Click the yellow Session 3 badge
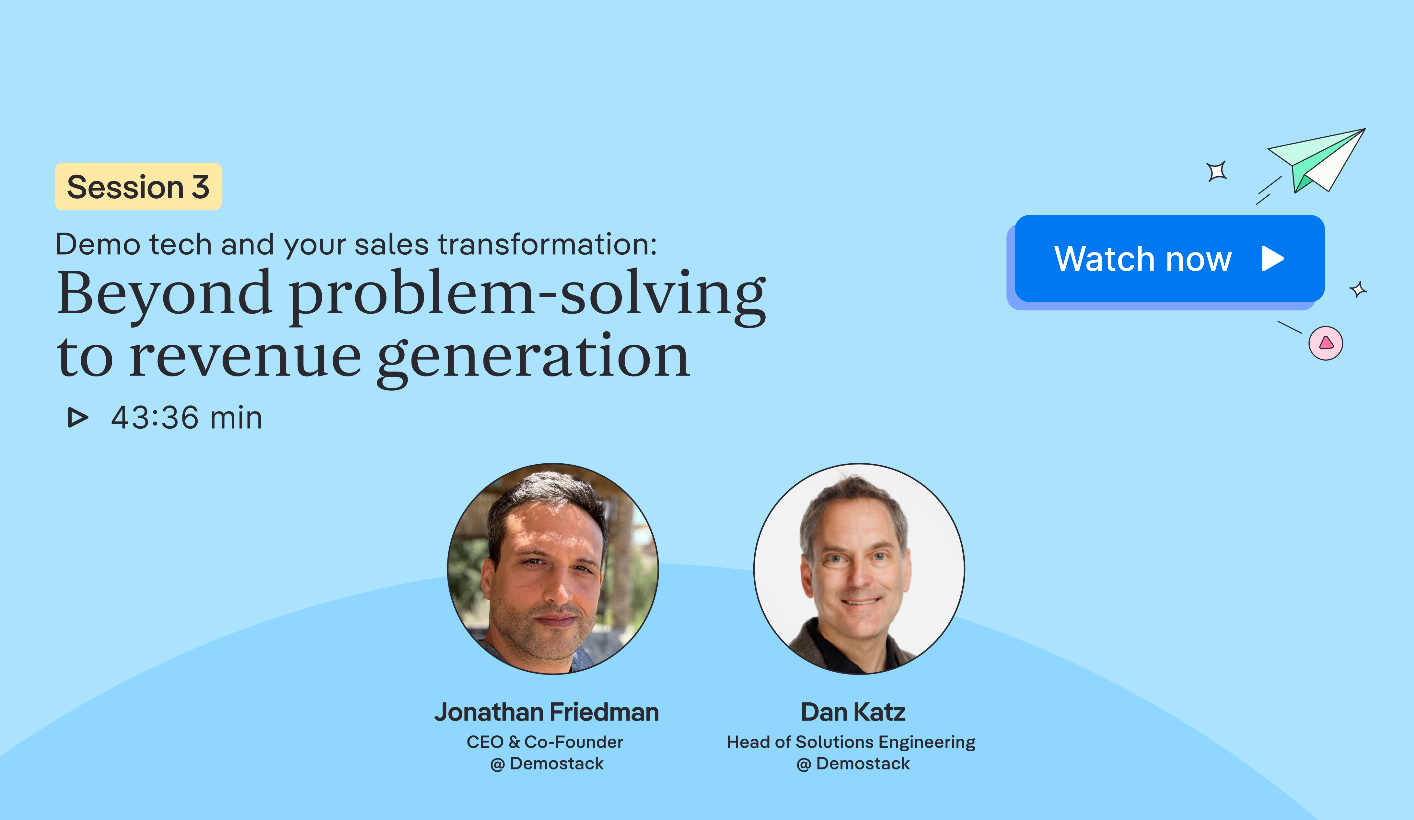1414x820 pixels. click(x=138, y=187)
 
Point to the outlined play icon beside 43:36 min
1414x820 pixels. click(x=77, y=417)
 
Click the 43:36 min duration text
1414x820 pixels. click(x=186, y=418)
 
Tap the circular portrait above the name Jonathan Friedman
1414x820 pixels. click(x=553, y=568)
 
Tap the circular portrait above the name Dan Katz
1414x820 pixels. click(x=859, y=568)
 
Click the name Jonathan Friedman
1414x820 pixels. click(x=547, y=712)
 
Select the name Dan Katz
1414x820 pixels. click(x=853, y=712)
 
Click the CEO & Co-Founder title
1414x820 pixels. click(x=545, y=742)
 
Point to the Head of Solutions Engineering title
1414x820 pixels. click(x=851, y=742)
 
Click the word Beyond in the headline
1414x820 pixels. click(x=164, y=293)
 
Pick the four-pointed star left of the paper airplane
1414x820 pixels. click(x=1216, y=171)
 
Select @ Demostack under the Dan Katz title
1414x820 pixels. click(x=853, y=764)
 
